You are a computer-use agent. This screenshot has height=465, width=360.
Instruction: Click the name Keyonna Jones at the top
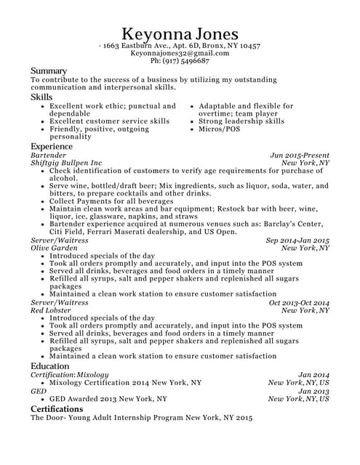tap(180, 34)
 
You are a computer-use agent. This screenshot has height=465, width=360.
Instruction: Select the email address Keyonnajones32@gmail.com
tap(180, 54)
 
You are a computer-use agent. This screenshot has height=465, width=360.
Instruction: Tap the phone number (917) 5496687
tap(180, 62)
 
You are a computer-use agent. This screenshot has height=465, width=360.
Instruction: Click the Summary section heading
tap(49, 70)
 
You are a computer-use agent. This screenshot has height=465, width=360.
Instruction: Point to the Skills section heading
tap(41, 97)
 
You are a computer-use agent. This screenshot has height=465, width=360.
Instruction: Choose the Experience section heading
tap(52, 146)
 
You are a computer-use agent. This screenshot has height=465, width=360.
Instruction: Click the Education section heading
tap(50, 366)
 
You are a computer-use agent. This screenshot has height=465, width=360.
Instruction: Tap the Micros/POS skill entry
tap(220, 129)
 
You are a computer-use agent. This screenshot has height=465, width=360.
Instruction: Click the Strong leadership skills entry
tap(241, 121)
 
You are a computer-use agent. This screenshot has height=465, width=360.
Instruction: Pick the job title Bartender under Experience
tap(48, 155)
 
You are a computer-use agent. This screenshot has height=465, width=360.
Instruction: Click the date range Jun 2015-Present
tap(300, 155)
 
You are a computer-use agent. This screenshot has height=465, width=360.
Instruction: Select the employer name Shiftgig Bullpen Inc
tap(67, 163)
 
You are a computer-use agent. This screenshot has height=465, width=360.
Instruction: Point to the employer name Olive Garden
tap(54, 248)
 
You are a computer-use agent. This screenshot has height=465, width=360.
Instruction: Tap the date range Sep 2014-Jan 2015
tap(297, 240)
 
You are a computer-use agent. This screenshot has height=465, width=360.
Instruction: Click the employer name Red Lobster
tap(50, 310)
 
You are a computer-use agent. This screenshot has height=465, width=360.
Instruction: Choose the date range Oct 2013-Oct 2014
tap(299, 302)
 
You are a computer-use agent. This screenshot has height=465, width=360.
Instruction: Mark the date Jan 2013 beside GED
tap(313, 391)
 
